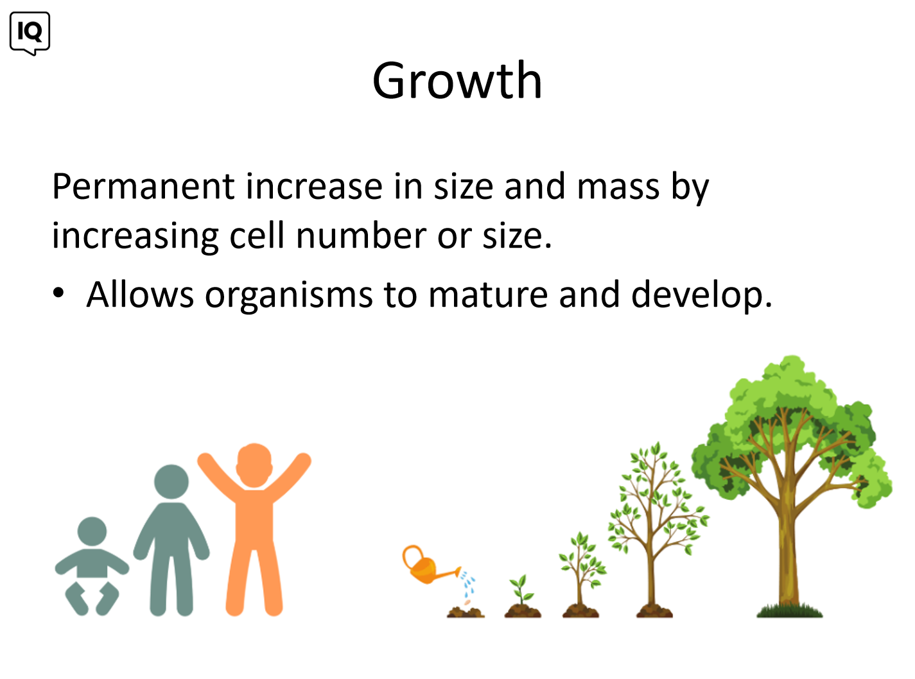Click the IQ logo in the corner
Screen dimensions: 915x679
tap(30, 33)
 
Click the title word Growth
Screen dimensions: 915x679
tap(457, 80)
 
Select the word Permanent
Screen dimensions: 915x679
tap(143, 187)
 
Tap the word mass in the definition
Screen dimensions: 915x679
tap(618, 187)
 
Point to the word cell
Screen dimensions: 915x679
tap(257, 235)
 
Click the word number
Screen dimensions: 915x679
tap(362, 235)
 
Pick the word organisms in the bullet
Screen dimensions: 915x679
tap(289, 295)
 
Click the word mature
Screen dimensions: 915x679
tap(488, 295)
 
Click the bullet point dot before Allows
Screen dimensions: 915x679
tap(58, 292)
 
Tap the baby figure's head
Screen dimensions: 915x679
tap(92, 531)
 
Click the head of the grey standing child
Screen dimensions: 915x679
tap(171, 482)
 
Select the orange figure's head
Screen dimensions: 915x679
tap(254, 465)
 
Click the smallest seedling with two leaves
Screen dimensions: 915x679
tap(521, 590)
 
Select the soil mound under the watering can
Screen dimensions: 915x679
tap(466, 612)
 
